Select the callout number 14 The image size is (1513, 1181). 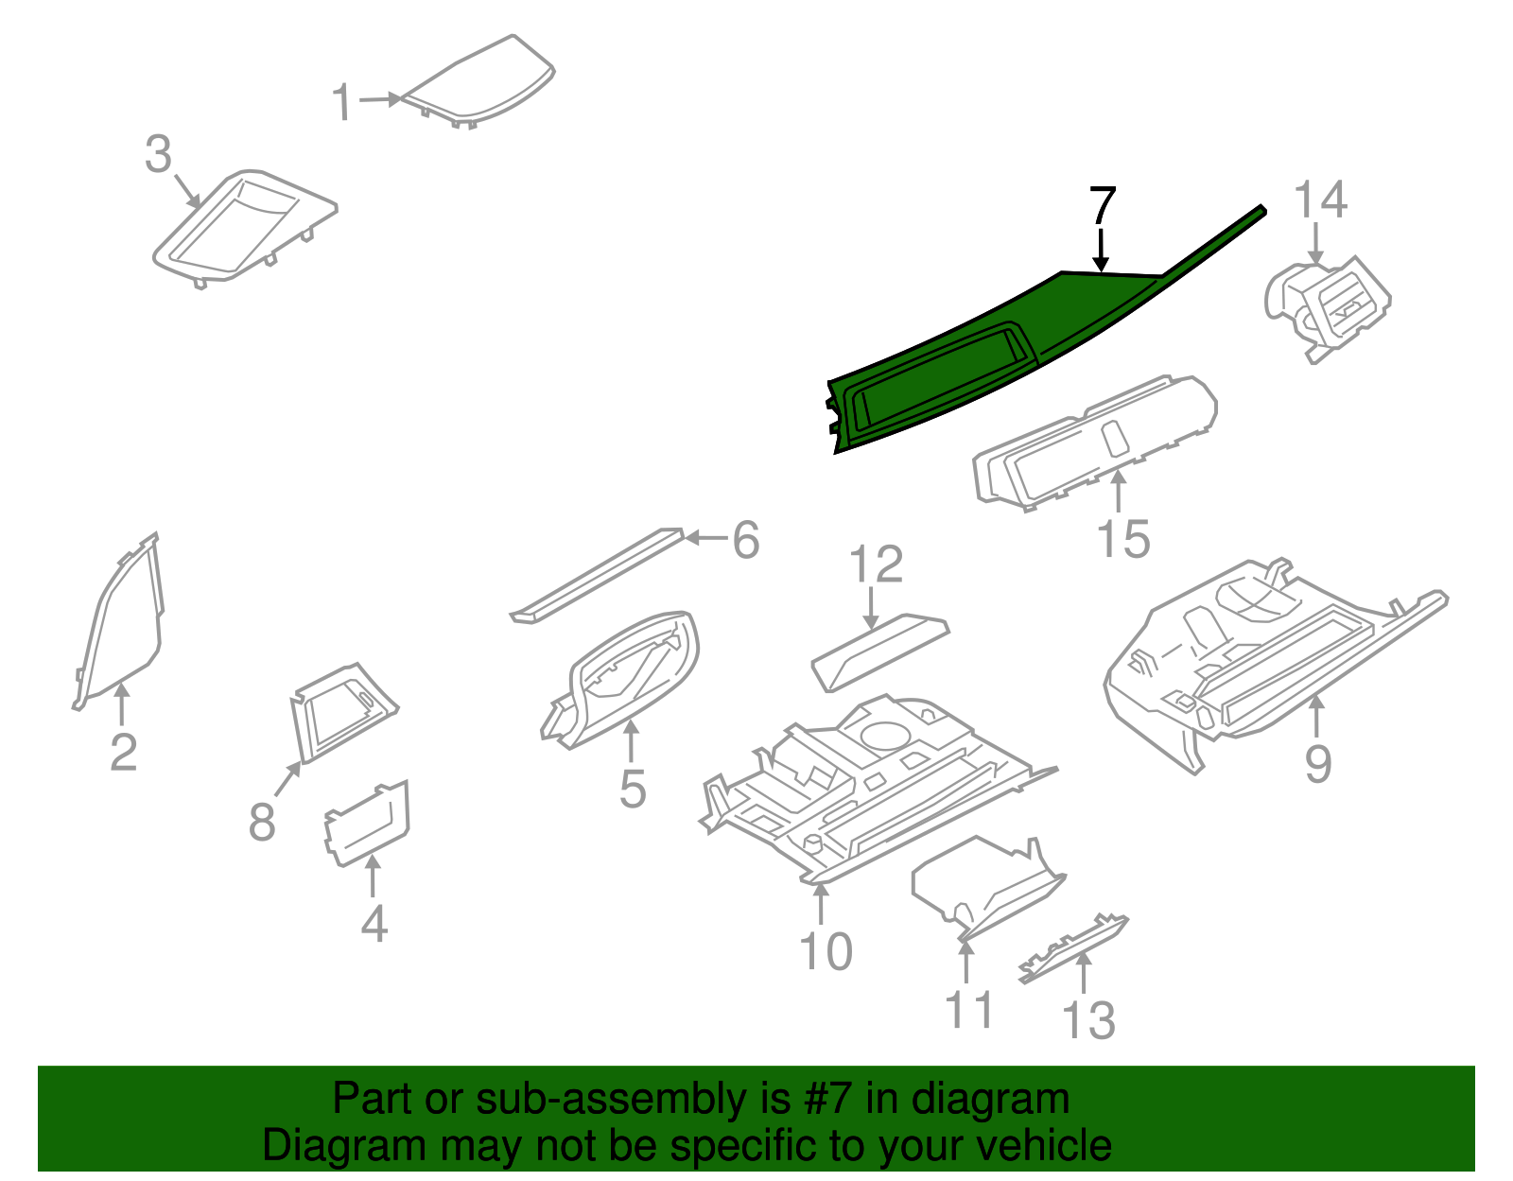click(1320, 200)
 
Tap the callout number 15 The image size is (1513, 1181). click(1122, 540)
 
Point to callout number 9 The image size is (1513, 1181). click(1317, 762)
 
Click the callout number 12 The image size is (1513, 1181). click(877, 564)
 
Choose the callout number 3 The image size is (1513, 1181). click(159, 154)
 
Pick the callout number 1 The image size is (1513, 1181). click(342, 102)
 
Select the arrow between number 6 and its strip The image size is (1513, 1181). click(705, 539)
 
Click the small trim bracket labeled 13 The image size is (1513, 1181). click(1074, 949)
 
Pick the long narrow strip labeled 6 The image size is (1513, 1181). click(599, 576)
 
